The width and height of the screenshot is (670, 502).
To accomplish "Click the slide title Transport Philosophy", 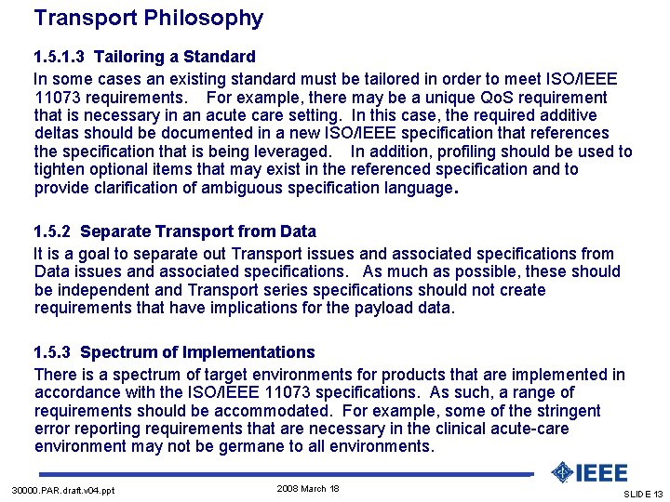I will [x=148, y=18].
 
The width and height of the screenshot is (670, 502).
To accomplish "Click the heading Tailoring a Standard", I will [x=174, y=57].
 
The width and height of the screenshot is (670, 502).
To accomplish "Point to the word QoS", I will [x=502, y=98].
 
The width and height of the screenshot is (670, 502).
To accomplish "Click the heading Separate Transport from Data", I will [x=198, y=231].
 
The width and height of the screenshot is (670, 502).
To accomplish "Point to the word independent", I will [x=104, y=290].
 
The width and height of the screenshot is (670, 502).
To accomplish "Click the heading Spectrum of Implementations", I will [x=197, y=352].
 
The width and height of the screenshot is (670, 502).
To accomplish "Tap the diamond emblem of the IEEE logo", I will [x=561, y=473].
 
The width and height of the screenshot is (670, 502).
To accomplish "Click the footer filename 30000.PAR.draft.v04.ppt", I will [x=63, y=491].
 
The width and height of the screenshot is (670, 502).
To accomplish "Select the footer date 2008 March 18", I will [x=308, y=489].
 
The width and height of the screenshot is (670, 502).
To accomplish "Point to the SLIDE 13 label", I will [x=642, y=494].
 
